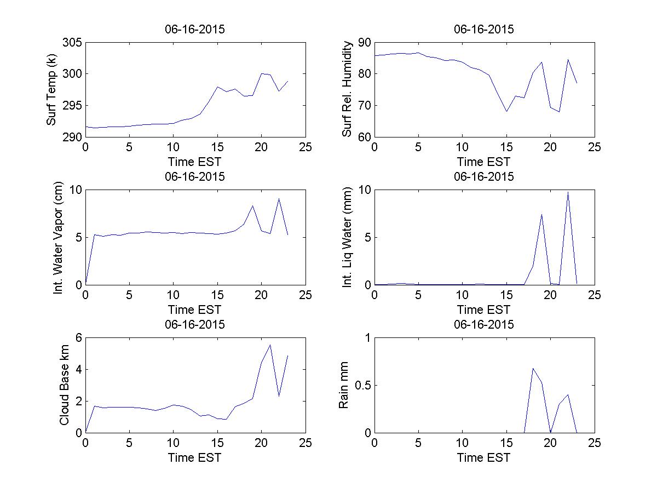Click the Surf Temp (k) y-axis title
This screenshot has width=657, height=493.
pyautogui.click(x=51, y=90)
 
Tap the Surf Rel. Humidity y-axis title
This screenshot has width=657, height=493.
pyautogui.click(x=347, y=90)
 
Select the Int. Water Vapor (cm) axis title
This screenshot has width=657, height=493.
pyautogui.click(x=59, y=237)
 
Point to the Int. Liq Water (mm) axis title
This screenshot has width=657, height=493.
pyautogui.click(x=347, y=237)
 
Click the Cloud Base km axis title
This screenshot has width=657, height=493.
pyautogui.click(x=64, y=385)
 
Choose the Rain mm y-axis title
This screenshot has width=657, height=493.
pyautogui.click(x=344, y=385)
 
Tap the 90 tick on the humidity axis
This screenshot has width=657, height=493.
pyautogui.click(x=364, y=43)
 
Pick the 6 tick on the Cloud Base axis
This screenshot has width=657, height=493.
pyautogui.click(x=78, y=338)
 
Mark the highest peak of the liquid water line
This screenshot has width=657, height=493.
pyautogui.click(x=568, y=192)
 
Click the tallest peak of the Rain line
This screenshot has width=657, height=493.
pyautogui.click(x=533, y=368)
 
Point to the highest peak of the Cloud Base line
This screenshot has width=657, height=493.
pyautogui.click(x=270, y=345)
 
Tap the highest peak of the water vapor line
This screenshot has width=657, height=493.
pyautogui.click(x=279, y=198)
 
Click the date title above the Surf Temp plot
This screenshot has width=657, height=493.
pyautogui.click(x=195, y=30)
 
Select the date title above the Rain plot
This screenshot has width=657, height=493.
pyautogui.click(x=484, y=324)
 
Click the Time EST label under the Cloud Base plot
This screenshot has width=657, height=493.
pyautogui.click(x=195, y=457)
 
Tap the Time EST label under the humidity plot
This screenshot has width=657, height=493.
pyautogui.click(x=484, y=162)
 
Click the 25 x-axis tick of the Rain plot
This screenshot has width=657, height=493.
pyautogui.click(x=594, y=443)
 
